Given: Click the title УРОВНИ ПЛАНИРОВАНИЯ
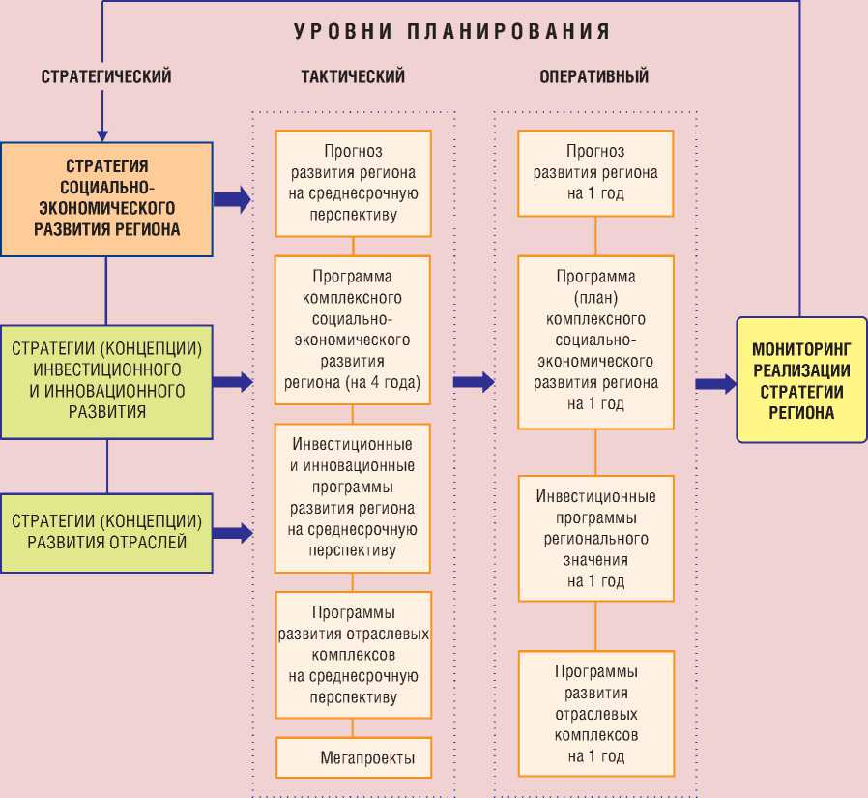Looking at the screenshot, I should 452,31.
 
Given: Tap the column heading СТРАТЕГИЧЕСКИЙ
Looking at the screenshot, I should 106,76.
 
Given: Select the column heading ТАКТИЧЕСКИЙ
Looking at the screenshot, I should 352,76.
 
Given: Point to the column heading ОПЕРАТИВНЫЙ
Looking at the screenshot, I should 593,76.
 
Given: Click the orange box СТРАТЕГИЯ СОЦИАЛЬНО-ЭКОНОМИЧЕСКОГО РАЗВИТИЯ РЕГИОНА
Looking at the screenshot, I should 106,198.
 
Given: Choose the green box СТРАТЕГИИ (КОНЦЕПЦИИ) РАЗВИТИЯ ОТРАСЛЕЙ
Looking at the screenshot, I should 106,531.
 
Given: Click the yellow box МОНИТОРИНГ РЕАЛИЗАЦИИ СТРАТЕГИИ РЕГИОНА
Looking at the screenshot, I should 800,378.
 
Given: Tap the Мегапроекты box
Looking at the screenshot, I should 367,758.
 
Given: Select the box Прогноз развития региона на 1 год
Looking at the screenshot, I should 595,172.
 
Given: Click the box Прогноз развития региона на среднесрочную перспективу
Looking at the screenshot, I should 353,183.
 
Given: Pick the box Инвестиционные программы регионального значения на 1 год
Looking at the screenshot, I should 595,539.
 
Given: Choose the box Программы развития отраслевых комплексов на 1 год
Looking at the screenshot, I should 595,714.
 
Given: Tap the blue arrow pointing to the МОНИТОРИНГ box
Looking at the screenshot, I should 715,384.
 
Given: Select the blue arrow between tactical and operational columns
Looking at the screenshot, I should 474,382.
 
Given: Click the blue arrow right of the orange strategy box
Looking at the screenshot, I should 232,199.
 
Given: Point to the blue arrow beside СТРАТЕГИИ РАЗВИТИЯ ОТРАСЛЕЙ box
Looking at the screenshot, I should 232,532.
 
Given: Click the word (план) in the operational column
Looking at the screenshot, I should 595,298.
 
